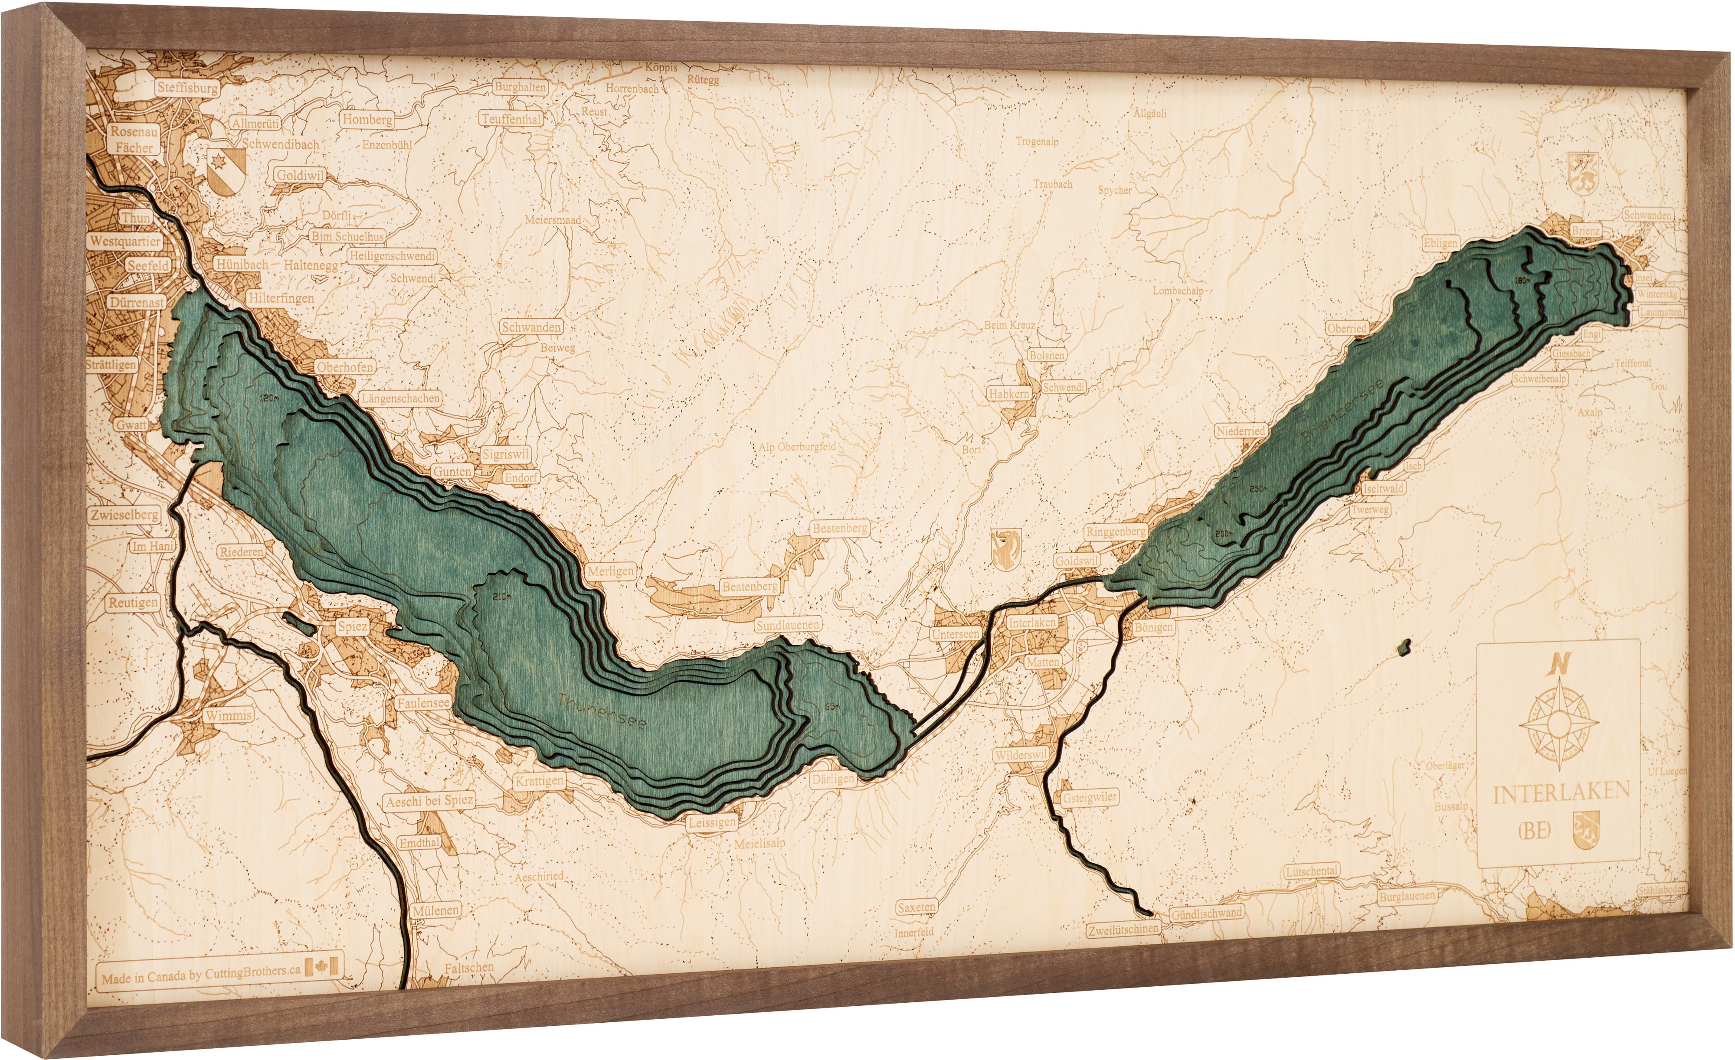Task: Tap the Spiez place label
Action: pyautogui.click(x=351, y=626)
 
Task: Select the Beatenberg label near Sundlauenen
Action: pyautogui.click(x=749, y=586)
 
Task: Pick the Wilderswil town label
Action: pyautogui.click(x=1020, y=755)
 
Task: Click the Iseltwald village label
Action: pyautogui.click(x=1383, y=488)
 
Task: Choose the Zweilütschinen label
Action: pyautogui.click(x=1123, y=928)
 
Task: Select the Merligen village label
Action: pyautogui.click(x=610, y=571)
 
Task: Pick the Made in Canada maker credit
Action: pyautogui.click(x=201, y=971)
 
